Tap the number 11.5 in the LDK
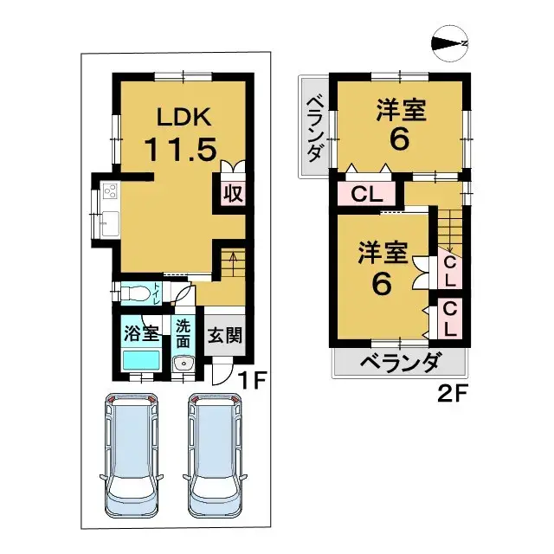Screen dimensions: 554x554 [x=180, y=150]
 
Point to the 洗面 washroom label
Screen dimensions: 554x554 [x=183, y=334]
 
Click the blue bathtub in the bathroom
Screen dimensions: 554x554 [x=141, y=360]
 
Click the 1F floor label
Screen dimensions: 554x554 [x=251, y=379]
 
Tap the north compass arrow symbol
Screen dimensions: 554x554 [x=451, y=44]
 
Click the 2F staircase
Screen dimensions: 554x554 [x=448, y=227]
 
